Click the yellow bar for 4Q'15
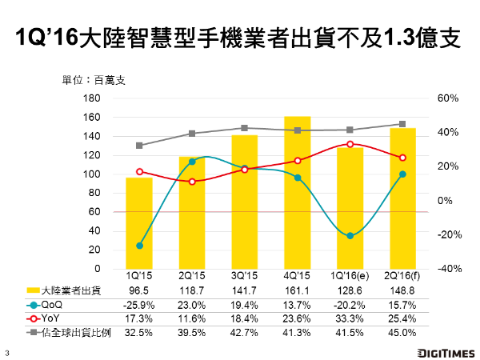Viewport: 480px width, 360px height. (297, 192)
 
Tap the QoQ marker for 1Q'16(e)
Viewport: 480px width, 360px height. (350, 235)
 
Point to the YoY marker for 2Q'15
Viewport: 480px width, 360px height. (192, 182)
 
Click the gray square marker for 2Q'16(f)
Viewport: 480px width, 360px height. (402, 124)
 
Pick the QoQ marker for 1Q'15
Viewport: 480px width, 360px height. (139, 246)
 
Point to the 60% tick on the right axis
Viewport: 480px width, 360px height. (425, 98)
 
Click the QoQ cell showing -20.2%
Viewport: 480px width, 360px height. (350, 305)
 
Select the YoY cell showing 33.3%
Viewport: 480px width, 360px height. (350, 318)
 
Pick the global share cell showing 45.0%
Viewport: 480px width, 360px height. (402, 332)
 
